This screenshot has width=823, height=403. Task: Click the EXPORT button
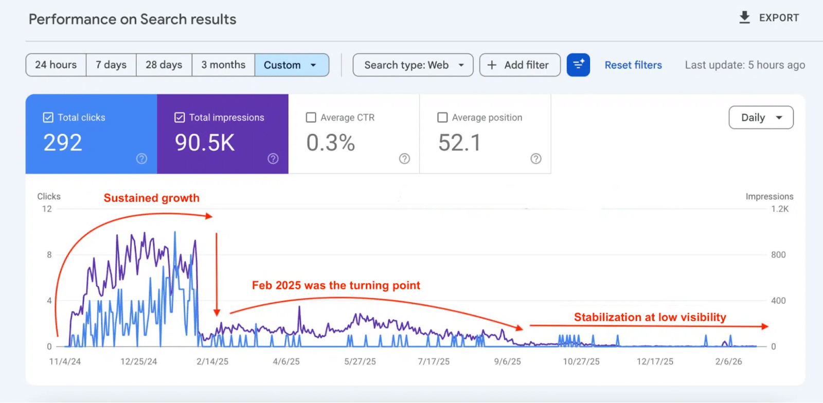pos(770,18)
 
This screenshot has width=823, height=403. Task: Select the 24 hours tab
pos(56,65)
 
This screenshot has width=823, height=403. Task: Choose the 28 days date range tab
pos(164,65)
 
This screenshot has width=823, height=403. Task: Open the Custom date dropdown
pos(291,65)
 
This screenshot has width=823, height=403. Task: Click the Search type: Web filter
pos(413,65)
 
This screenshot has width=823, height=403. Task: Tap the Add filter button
pos(520,65)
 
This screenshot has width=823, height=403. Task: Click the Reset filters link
pos(633,65)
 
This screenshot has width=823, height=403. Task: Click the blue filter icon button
pos(578,65)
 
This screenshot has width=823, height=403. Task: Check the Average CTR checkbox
pos(311,118)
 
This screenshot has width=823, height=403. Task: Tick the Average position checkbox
pos(442,118)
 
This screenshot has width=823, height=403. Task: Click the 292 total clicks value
pos(63,143)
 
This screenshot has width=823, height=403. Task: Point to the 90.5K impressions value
pos(205,143)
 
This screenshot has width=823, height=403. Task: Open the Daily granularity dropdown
pos(761,118)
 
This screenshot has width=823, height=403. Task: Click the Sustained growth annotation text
pos(152,198)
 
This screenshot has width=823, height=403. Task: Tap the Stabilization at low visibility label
pos(650,317)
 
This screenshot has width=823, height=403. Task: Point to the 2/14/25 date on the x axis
pos(212,362)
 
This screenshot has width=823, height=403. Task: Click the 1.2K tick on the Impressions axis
pos(780,209)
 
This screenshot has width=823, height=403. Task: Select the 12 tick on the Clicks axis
pos(47,209)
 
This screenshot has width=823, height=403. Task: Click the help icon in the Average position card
pos(536,159)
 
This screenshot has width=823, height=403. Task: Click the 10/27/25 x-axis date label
pos(581,362)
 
